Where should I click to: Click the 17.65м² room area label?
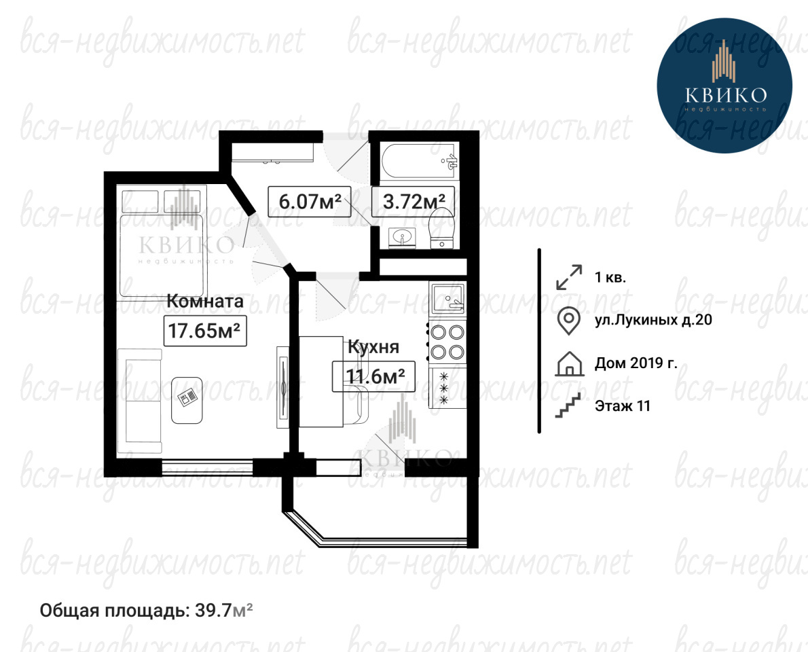pos(205,330)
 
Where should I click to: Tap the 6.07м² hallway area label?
pos(310,201)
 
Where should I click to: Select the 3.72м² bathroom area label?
pos(414,201)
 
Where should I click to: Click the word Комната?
pos(204,301)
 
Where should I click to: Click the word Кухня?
pos(373,346)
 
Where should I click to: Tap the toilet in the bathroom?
pos(441,228)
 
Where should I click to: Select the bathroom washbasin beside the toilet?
pos(402,238)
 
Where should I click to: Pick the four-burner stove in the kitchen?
pos(447,342)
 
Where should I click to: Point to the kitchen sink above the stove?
pos(447,298)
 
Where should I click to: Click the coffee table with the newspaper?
pos(187,400)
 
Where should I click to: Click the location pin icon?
pos(570,321)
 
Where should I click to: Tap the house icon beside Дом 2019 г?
pos(570,363)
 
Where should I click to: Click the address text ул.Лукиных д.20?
pos(653,320)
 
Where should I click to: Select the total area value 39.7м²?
pos(223,611)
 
